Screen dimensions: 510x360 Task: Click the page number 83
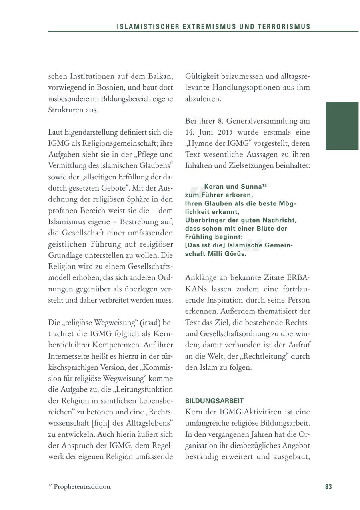tap(328, 487)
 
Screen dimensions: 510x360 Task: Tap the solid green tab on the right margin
tap(342, 126)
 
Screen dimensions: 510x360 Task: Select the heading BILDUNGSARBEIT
tap(214, 401)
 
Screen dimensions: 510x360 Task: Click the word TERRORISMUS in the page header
tap(286, 27)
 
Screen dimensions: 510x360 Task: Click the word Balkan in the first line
tap(158, 76)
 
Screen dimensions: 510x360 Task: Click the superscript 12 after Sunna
tap(264, 185)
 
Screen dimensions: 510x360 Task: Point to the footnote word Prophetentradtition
tap(82, 487)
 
